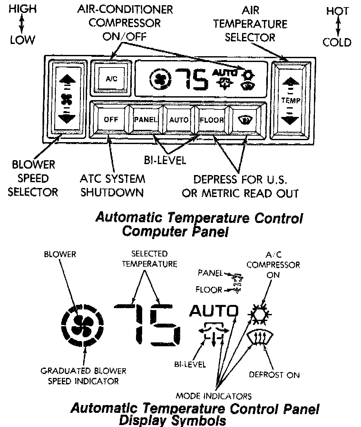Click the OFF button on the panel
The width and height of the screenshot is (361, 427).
coord(111,120)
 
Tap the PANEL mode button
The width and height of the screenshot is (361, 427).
coord(146,120)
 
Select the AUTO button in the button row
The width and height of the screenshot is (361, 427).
coord(179,120)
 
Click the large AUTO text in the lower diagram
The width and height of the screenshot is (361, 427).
coord(214,311)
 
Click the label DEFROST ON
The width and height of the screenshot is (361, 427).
coord(274,375)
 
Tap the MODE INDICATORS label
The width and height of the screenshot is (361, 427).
coord(214,396)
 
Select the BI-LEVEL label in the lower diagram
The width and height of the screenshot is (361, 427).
coord(190,364)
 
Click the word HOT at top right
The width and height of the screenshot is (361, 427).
coord(337,11)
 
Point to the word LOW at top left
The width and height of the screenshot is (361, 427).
coord(22,40)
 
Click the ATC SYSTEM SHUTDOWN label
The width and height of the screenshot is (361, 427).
coord(112,185)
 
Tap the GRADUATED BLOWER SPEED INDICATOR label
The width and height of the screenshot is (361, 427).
coord(83,376)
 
